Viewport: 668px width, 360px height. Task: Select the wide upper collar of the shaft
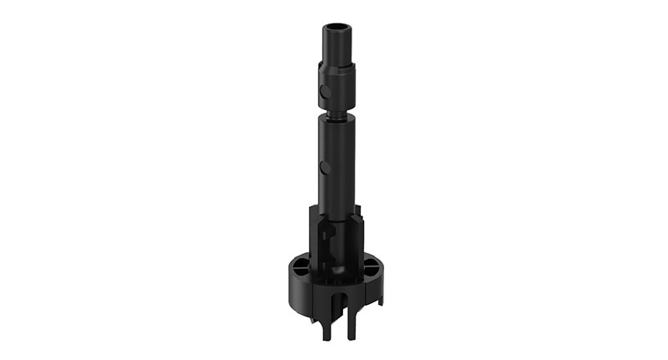(x=336, y=84)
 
